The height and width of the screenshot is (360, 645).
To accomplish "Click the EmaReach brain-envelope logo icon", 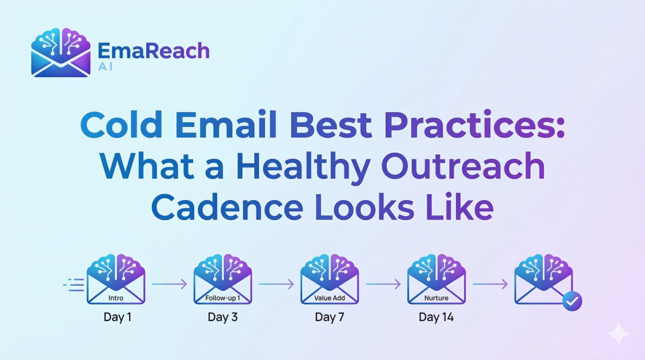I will click(60, 53).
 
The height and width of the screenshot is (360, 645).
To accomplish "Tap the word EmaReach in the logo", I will click(154, 51).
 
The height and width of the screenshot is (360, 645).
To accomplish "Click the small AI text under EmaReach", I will click(105, 67).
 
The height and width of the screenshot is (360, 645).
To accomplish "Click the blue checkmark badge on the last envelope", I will click(572, 301).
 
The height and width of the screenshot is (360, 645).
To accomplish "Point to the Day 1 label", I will click(117, 317).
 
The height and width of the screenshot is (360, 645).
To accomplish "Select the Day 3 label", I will click(223, 317).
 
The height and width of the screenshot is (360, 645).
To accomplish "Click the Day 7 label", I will click(330, 317).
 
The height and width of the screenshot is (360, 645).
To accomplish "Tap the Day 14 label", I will click(436, 317).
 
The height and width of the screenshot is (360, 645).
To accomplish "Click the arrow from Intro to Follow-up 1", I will click(169, 283).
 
